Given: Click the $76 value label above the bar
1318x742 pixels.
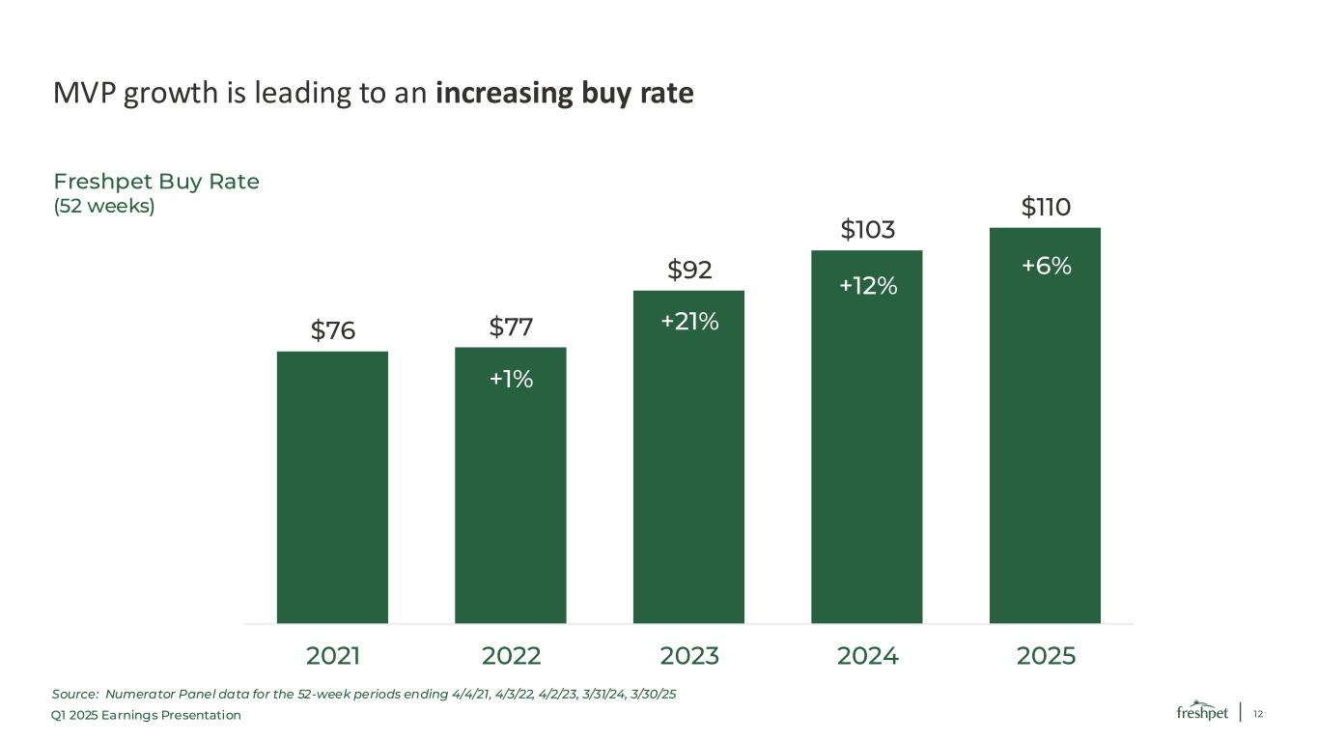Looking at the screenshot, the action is (x=332, y=330).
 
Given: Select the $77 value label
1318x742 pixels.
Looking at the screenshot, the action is (x=511, y=327).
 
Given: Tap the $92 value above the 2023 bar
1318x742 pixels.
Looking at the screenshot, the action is (x=689, y=270).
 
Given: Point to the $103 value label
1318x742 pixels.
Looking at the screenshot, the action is (x=867, y=229).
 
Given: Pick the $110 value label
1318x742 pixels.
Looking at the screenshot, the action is (x=1046, y=207).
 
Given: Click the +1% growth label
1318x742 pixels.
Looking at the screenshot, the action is (x=511, y=379).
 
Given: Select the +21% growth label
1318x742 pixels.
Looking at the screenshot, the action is (x=689, y=322).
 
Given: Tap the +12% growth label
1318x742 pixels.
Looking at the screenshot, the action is (x=868, y=286).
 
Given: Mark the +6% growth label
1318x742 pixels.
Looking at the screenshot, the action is (x=1046, y=266).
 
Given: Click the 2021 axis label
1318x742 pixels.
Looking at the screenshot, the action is (x=332, y=656).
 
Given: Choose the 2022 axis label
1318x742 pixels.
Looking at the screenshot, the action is (x=511, y=656).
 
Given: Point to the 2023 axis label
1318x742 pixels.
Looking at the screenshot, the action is (x=689, y=656).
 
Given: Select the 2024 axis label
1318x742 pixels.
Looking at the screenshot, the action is (x=867, y=656).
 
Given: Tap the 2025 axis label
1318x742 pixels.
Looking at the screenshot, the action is (x=1046, y=656).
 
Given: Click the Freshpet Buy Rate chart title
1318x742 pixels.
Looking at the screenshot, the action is (x=155, y=182).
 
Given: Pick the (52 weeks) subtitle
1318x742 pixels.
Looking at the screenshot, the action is (x=104, y=206).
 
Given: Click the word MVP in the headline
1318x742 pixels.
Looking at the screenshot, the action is (x=85, y=93).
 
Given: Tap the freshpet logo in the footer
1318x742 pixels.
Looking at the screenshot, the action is (x=1202, y=711).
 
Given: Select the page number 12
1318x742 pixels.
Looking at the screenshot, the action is (x=1258, y=714).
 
